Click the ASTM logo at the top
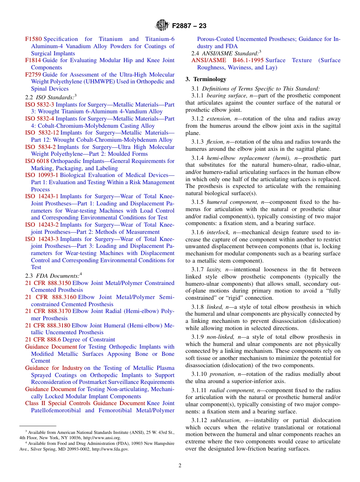coord(162,26)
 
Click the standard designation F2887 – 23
coord(189,26)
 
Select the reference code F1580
coord(33,39)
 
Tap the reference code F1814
coord(33,60)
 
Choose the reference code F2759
coord(33,75)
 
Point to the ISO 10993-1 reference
coord(42,175)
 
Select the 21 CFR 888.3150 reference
coord(48,283)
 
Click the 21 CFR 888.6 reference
coord(43,340)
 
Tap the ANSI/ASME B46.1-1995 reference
coord(228,60)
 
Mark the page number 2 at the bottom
coord(180,466)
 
